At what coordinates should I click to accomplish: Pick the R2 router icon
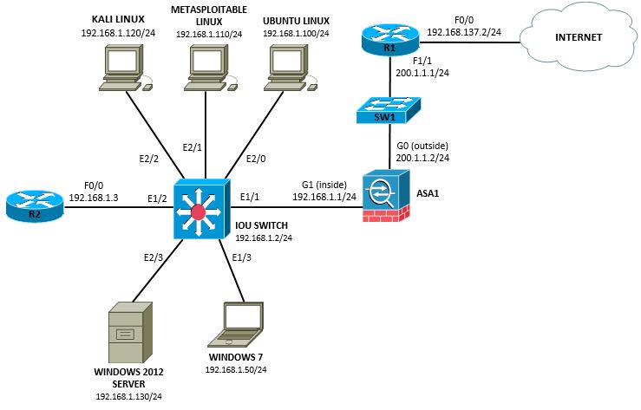click(x=33, y=205)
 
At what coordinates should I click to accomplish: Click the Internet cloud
click(x=572, y=39)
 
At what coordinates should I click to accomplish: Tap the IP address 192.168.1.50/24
click(x=235, y=369)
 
